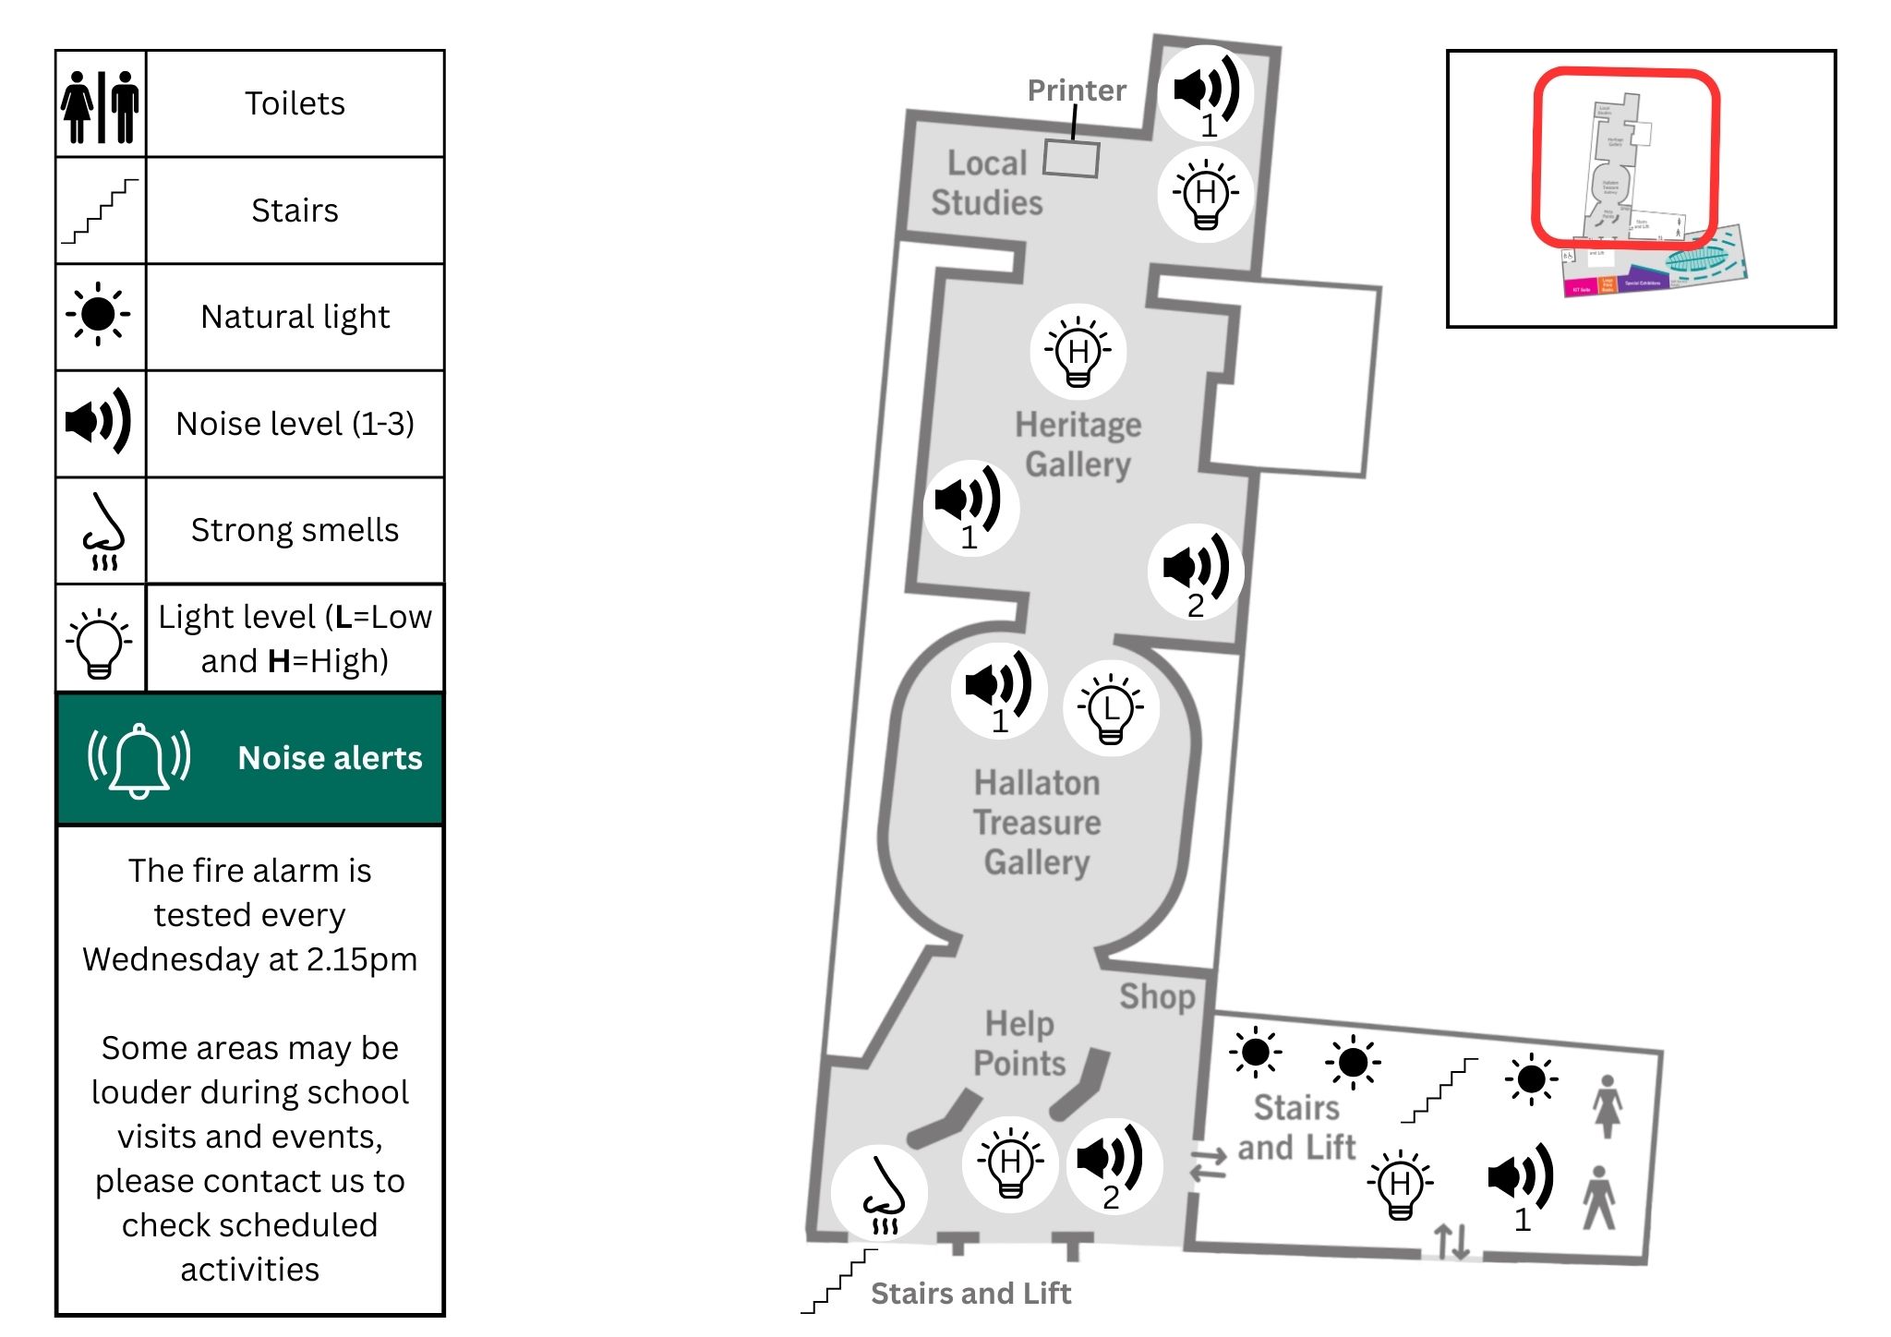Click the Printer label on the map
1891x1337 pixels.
(1077, 90)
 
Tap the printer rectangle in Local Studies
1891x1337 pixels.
(1071, 158)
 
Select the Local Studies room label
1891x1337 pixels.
(987, 183)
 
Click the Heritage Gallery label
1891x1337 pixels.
(1078, 444)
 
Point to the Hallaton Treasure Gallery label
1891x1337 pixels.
(1037, 822)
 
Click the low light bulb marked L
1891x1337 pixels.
(1111, 708)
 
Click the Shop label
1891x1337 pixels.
(1157, 996)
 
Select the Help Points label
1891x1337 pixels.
(1019, 1043)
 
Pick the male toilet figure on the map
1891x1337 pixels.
(1599, 1198)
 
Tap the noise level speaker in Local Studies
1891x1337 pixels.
(1206, 92)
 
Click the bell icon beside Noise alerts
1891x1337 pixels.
(139, 759)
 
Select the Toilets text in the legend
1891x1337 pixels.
(295, 103)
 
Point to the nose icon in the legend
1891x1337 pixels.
(102, 531)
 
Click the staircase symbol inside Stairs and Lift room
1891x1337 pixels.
(1439, 1091)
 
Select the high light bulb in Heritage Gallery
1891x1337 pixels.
(1078, 352)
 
